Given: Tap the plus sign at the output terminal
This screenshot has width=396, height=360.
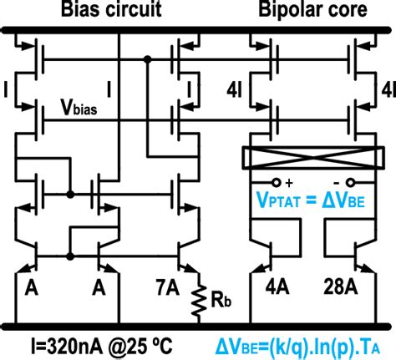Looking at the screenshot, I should click(289, 181).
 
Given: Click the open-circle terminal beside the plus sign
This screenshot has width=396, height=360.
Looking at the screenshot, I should click(276, 181).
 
